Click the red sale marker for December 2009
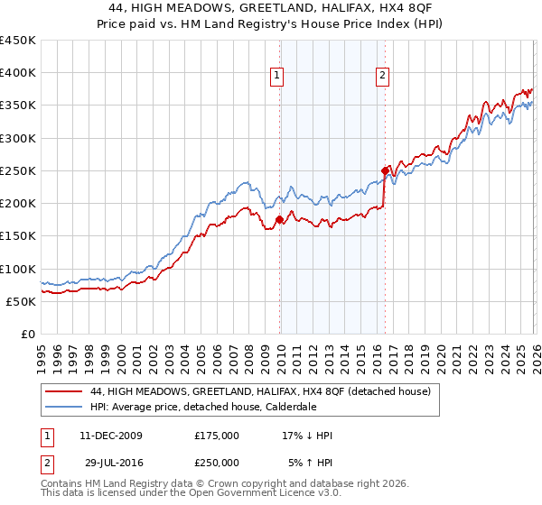pyautogui.click(x=279, y=219)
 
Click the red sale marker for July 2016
pyautogui.click(x=385, y=170)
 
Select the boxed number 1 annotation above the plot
pyautogui.click(x=276, y=76)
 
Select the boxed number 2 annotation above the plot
pyautogui.click(x=383, y=76)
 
